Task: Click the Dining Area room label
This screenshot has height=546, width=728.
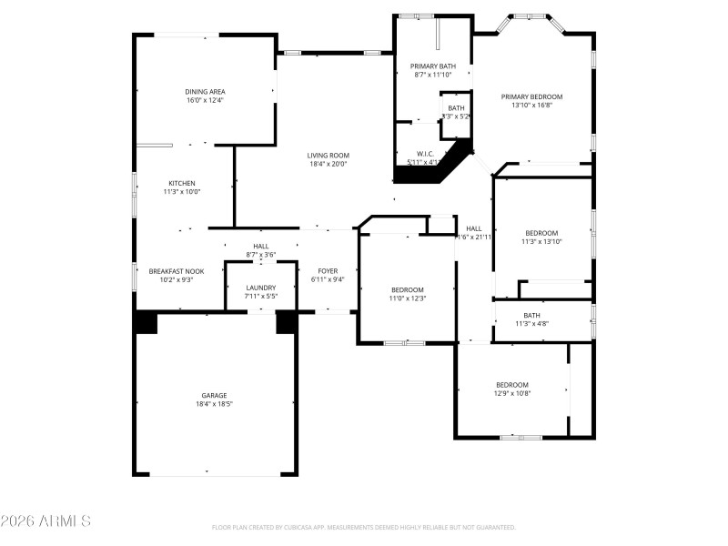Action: (205, 91)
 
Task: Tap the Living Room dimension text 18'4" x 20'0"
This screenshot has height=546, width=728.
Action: (329, 165)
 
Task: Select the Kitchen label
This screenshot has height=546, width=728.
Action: (181, 182)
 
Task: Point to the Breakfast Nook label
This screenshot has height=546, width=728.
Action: (177, 271)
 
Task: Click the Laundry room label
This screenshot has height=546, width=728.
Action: (261, 288)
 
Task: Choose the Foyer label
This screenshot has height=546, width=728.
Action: (328, 271)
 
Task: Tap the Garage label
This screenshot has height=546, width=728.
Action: (214, 395)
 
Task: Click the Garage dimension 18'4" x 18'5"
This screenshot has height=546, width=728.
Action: (214, 404)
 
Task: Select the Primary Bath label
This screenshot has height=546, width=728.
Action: (433, 66)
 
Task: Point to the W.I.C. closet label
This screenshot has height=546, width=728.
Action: (425, 154)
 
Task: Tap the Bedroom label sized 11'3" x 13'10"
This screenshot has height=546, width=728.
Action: (541, 233)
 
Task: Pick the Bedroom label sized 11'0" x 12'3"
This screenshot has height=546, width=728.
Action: (408, 289)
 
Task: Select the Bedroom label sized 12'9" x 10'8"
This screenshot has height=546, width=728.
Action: (511, 384)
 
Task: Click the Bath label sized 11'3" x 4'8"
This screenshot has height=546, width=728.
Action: (531, 315)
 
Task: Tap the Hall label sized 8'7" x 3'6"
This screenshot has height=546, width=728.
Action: (261, 246)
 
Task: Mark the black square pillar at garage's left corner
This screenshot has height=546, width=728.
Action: (146, 322)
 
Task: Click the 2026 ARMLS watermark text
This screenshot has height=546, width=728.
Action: (45, 521)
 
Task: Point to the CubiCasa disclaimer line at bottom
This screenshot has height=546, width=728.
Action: (364, 527)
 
